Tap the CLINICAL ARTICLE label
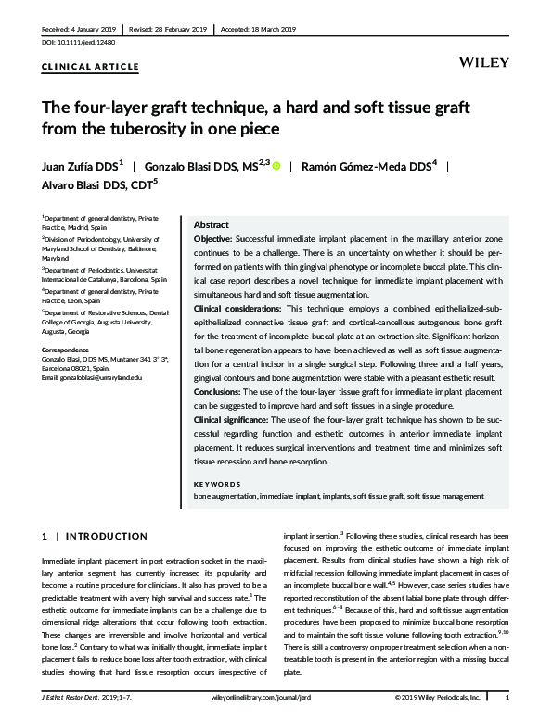(x=91, y=67)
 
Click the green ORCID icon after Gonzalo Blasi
(x=276, y=166)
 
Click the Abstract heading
(x=212, y=225)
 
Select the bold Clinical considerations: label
(x=241, y=307)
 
